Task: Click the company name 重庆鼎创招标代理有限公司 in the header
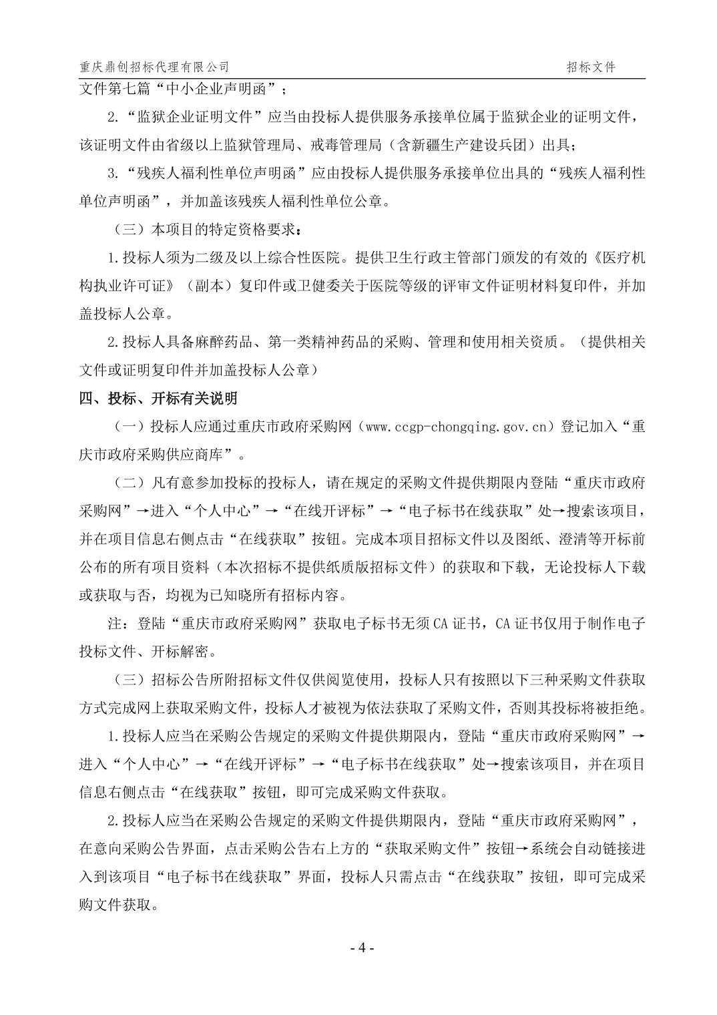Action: click(154, 67)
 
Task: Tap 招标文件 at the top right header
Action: click(591, 67)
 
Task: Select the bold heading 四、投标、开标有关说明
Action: click(158, 398)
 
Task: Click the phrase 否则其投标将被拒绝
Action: click(580, 707)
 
